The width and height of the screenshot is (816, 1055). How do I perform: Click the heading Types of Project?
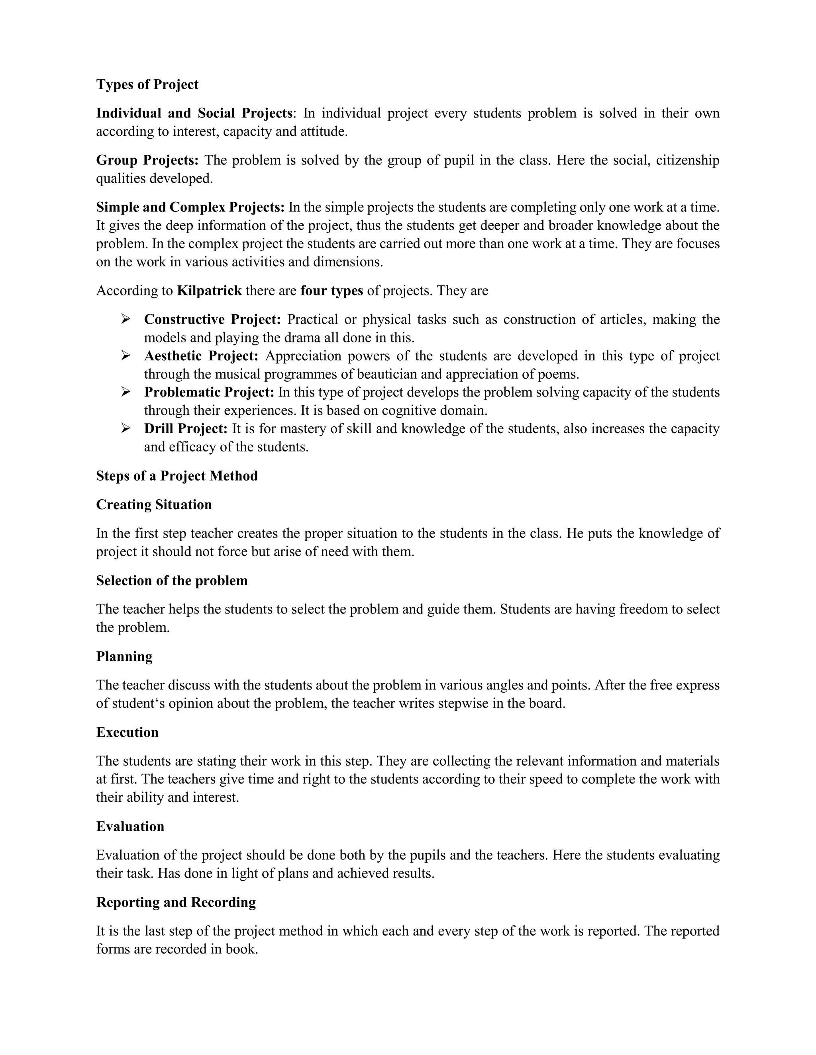pos(147,84)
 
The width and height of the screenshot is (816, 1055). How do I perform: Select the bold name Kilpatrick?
pos(209,291)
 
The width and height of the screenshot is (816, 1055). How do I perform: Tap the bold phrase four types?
pos(331,291)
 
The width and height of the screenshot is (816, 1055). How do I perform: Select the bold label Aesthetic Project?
pos(201,356)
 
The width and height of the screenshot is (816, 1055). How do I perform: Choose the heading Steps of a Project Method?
pos(177,476)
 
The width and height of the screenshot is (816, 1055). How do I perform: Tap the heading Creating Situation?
pos(154,505)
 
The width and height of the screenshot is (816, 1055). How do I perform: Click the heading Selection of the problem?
pos(172,580)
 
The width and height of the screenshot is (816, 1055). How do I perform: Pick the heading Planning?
pos(124,656)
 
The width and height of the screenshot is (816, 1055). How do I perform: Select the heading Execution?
pos(127,732)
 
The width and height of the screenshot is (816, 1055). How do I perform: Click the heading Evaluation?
pos(130,826)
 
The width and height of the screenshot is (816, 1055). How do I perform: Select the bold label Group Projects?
pos(147,160)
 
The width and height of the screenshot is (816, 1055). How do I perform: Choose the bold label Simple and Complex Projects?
pos(190,207)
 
